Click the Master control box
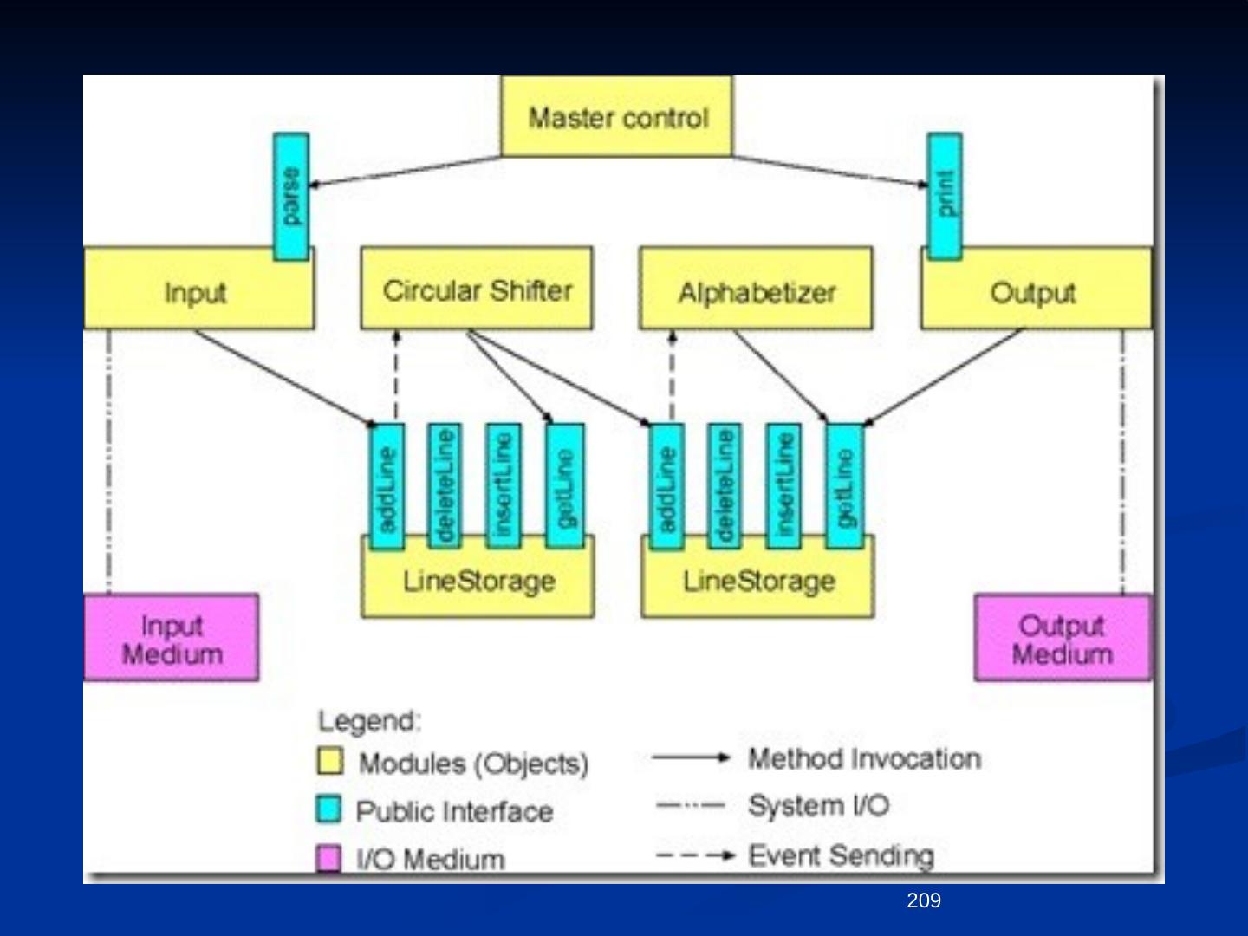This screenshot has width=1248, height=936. (617, 115)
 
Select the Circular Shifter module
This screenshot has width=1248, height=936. (477, 288)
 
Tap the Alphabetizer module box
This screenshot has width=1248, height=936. (756, 288)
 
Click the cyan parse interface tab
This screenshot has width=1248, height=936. (291, 197)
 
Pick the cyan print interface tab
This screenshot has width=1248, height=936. (945, 197)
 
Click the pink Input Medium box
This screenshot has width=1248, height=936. (171, 638)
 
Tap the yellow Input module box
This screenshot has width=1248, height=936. (198, 288)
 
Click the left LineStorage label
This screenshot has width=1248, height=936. (478, 582)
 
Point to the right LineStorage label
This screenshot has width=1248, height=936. (759, 582)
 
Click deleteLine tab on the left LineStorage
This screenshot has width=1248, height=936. (444, 486)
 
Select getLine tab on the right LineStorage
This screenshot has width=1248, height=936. (845, 486)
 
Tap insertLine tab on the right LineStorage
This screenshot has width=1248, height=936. (783, 486)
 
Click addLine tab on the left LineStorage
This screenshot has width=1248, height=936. (387, 486)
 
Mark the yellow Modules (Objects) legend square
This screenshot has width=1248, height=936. (330, 760)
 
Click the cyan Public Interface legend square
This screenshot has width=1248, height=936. (328, 809)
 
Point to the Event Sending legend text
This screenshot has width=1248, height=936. (841, 855)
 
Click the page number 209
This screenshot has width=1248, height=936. (924, 900)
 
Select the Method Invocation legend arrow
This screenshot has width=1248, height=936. (691, 757)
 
